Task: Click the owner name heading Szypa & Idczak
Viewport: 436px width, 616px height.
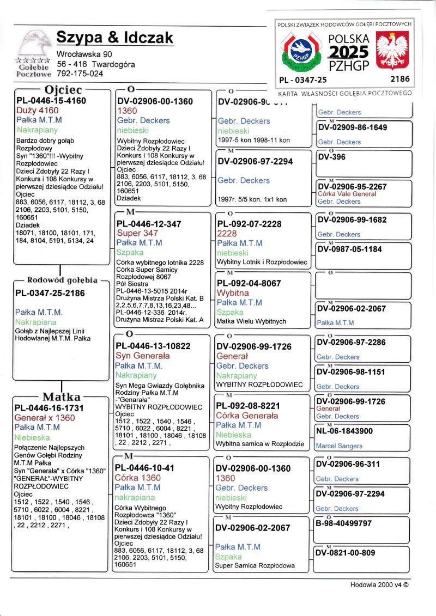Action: [115, 38]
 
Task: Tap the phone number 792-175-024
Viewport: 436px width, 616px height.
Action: [80, 74]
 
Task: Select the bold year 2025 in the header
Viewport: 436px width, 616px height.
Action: [349, 52]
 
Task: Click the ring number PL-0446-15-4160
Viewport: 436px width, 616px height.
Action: [51, 100]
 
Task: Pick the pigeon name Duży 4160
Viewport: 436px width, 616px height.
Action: [38, 111]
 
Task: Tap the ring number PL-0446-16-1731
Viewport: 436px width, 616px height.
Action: [49, 408]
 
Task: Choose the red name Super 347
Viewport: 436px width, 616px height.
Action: [137, 233]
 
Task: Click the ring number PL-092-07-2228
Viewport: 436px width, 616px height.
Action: [249, 224]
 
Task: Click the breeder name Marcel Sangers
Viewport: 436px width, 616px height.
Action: [340, 446]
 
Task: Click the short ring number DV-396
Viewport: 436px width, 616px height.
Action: [330, 157]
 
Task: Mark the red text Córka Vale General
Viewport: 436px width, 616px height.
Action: [347, 194]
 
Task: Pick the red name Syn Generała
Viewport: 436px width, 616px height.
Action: [143, 356]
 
